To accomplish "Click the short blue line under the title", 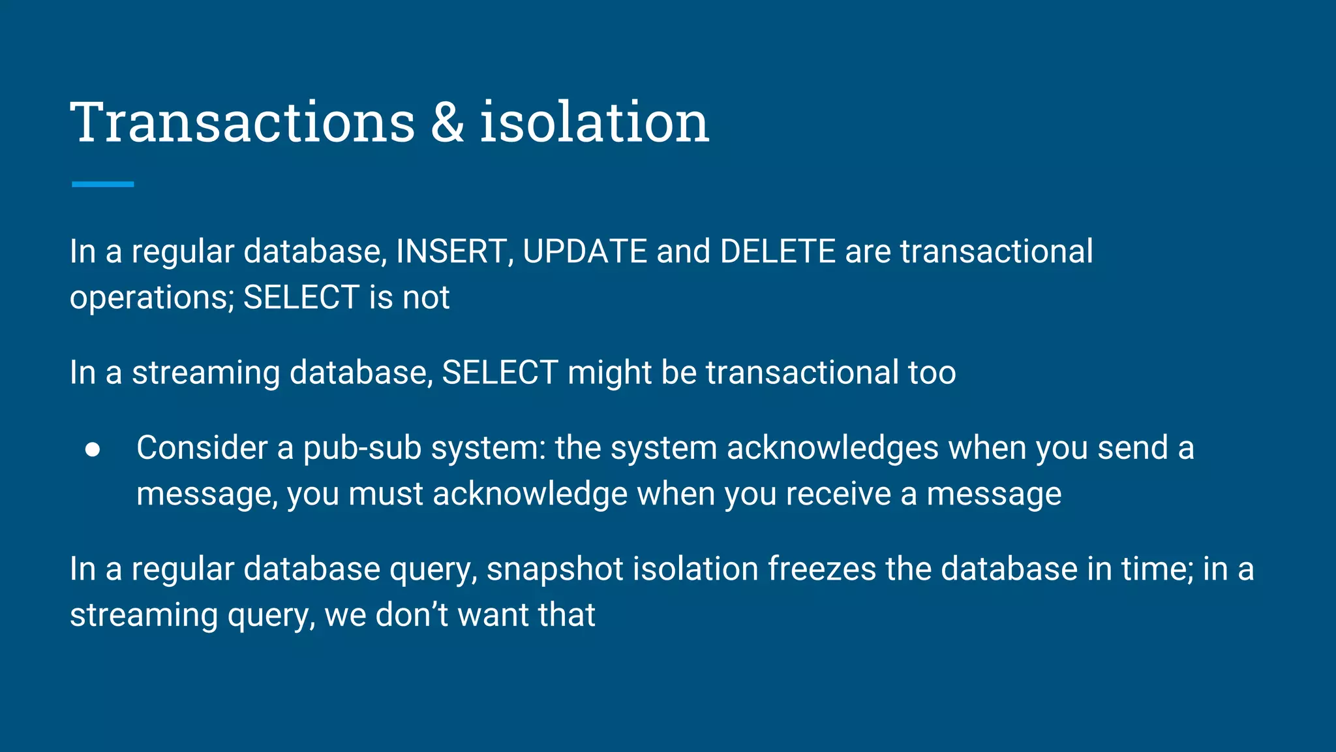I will tap(103, 185).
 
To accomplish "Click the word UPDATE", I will tap(584, 251).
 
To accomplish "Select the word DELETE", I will tap(778, 251).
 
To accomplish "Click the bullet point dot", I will tap(93, 450).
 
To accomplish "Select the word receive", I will tap(838, 494).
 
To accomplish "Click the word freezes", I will tap(821, 569).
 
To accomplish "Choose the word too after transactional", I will tap(932, 373).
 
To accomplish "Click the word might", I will tap(609, 373).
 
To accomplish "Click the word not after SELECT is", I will tap(426, 298).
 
